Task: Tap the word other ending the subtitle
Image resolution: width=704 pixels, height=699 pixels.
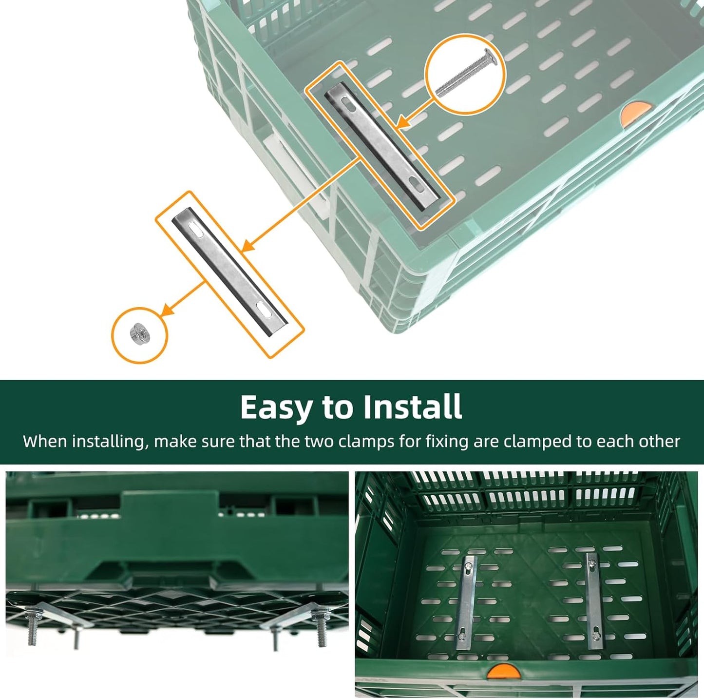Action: point(659,442)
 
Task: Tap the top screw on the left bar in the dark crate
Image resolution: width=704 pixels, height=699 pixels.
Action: point(469,566)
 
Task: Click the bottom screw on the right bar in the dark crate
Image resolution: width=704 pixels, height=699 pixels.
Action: point(594,635)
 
